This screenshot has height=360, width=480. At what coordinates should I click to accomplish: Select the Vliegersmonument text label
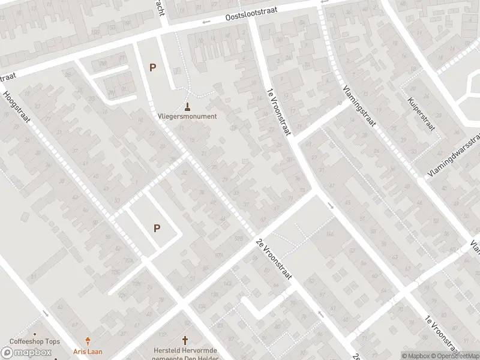point(187,116)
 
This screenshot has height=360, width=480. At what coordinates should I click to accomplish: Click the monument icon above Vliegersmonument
point(187,107)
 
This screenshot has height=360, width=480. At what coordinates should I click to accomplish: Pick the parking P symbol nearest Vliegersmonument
point(152,68)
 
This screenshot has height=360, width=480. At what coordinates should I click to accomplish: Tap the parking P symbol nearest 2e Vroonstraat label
point(157,228)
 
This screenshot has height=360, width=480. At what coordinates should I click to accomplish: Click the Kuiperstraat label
point(420,114)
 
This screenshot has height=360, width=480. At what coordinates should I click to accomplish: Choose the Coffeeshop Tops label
point(34,341)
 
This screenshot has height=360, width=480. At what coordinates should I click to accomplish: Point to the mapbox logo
point(26,352)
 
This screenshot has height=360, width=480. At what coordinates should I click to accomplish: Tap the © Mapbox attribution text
point(415,356)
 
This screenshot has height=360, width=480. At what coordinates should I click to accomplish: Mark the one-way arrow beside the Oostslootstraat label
point(206,23)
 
